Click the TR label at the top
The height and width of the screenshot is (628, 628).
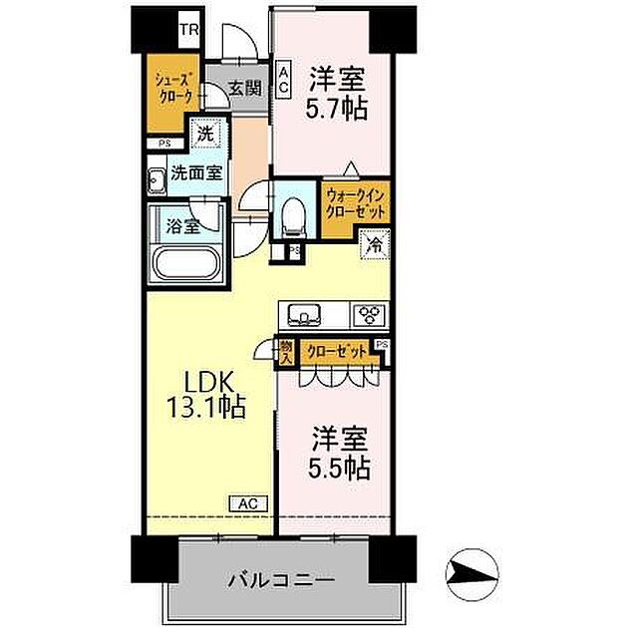[x=188, y=30]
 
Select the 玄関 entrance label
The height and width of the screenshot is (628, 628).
[x=244, y=88]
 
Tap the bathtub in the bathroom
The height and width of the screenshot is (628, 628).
[x=187, y=265]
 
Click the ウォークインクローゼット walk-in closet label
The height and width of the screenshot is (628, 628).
[x=355, y=204]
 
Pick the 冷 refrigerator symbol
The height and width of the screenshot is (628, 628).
[x=374, y=243]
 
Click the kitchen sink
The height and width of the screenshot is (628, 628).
[x=303, y=316]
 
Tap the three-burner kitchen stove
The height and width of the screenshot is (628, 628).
[x=371, y=316]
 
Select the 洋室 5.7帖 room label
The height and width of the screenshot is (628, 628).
[x=337, y=92]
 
